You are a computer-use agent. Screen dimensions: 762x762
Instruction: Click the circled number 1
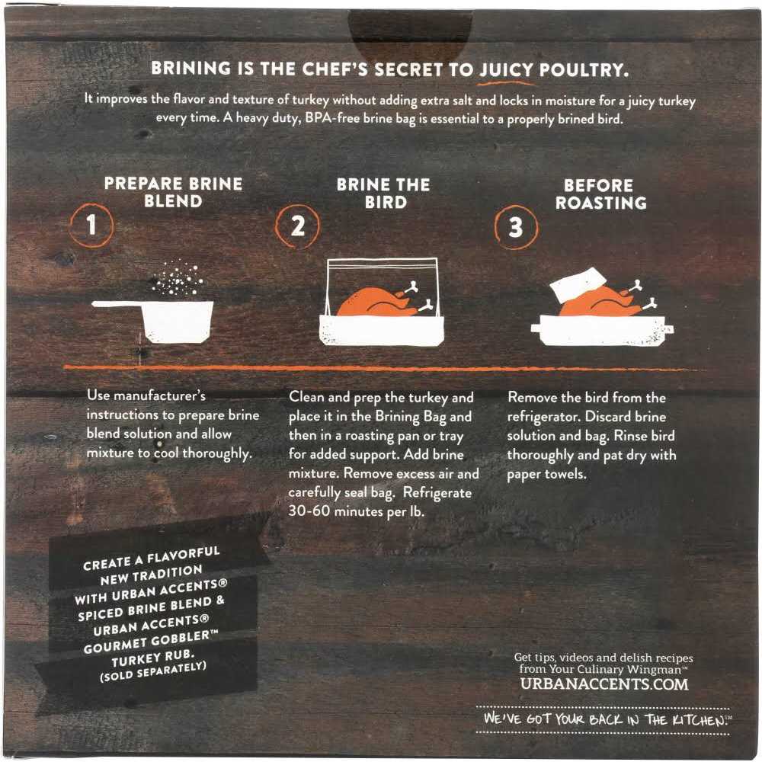click(91, 226)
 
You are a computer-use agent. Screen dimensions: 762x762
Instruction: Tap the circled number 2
click(297, 226)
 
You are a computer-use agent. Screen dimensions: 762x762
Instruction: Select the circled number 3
click(516, 227)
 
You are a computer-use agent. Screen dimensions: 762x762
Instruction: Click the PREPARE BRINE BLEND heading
click(173, 192)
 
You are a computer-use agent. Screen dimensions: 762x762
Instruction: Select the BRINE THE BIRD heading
click(383, 193)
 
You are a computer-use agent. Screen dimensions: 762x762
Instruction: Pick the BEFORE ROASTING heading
click(600, 194)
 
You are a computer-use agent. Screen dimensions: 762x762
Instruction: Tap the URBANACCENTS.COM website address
click(604, 684)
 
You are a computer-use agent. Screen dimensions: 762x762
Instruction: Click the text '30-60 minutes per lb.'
click(356, 511)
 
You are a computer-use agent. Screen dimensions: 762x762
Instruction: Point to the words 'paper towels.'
click(546, 474)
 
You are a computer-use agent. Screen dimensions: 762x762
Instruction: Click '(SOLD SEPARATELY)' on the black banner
click(153, 672)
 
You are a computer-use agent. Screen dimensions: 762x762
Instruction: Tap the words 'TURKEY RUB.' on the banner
click(152, 658)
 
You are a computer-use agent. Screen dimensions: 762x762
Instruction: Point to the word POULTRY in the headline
click(584, 70)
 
